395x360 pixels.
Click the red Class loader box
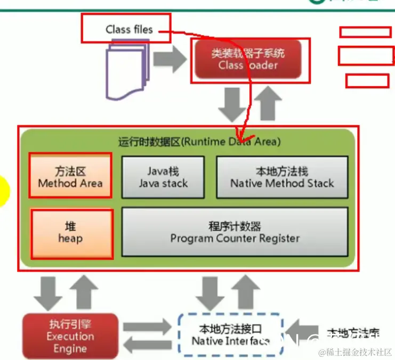click(x=248, y=59)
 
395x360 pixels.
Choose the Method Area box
click(x=70, y=177)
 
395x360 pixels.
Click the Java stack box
click(x=163, y=177)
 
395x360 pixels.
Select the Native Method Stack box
click(x=282, y=177)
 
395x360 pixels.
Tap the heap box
click(x=71, y=233)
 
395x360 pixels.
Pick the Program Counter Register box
click(x=235, y=232)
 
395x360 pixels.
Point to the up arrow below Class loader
click(x=267, y=104)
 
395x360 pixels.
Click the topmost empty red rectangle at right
click(x=365, y=32)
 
